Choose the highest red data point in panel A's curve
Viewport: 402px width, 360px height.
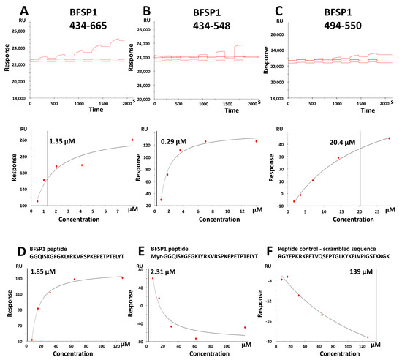click(132, 140)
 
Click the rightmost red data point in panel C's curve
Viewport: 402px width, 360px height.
click(389, 138)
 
